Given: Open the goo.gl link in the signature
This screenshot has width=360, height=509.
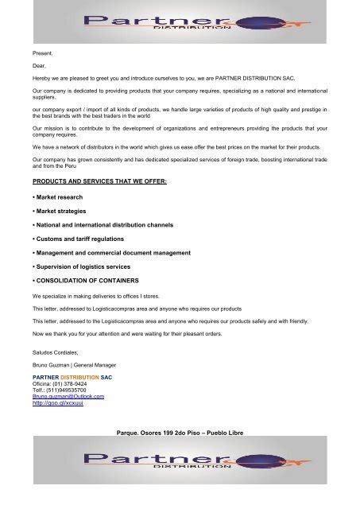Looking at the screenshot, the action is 57,403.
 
